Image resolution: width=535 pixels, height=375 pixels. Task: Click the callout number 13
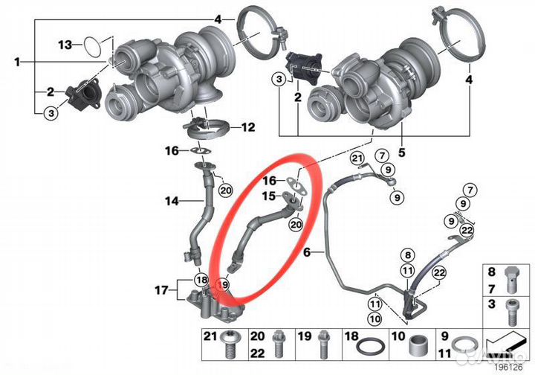65,45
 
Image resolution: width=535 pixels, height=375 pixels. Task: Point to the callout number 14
172,200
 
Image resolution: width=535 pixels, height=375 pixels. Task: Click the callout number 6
305,252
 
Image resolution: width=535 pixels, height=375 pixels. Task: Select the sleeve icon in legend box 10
417,345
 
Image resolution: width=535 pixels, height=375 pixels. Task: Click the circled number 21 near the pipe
357,158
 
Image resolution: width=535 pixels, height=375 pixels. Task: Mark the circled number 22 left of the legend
438,275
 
